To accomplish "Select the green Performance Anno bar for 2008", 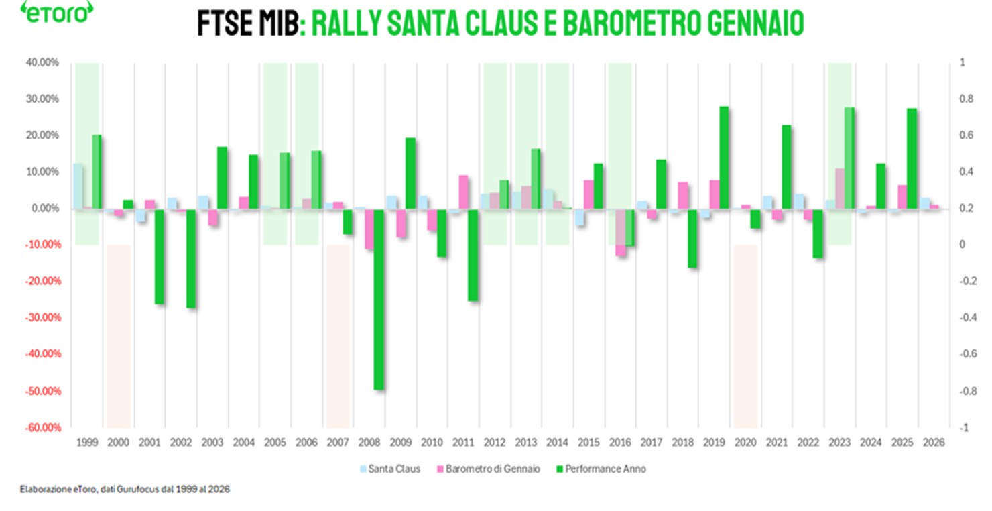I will coord(379,298).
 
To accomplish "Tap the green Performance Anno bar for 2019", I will coord(724,158).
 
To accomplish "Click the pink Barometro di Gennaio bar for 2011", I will coord(464,192).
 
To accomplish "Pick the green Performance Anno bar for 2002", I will coord(191,258).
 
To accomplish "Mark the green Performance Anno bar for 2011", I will coord(473,255).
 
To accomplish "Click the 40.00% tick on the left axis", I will coord(42,63).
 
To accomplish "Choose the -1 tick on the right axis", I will coord(963,428).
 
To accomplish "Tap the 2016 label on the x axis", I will coord(620,443).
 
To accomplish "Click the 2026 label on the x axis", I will coord(934,443).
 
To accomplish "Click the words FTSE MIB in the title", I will coord(245,24).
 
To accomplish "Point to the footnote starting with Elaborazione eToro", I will coord(125,490).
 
